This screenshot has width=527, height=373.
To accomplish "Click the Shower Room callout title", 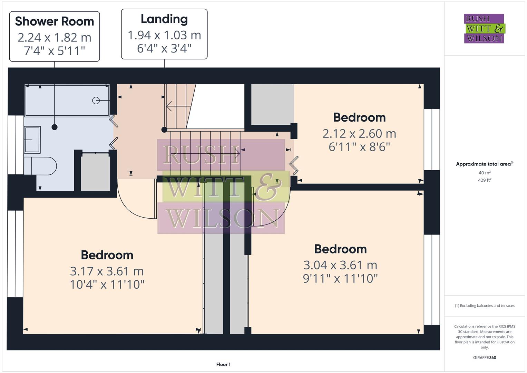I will tap(55, 21).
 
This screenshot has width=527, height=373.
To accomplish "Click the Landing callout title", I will tap(164, 19).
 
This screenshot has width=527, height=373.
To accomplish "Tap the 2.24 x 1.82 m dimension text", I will tap(55, 37).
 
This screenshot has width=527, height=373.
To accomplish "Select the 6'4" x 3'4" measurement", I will tap(164, 48).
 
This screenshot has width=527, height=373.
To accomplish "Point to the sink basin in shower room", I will tap(32, 140).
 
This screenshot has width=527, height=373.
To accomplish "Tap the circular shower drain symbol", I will tap(96, 100).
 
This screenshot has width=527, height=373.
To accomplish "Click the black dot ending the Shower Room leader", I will tap(55, 127).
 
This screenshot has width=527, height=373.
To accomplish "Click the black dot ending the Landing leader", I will tap(164, 130).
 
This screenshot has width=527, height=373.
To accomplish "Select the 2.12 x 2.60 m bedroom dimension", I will tap(359, 133).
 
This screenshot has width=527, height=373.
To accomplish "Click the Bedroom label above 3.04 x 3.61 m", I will tap(340, 249).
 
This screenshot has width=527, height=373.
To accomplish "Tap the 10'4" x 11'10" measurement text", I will tap(107, 285).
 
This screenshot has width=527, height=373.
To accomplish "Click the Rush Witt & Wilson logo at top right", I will tap(484, 29).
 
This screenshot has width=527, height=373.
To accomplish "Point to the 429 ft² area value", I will tap(485, 180).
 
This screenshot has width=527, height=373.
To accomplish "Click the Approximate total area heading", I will tap(484, 164).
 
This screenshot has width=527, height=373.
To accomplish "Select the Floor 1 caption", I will tap(223, 364).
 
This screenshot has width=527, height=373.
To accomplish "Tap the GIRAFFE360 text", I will tap(485, 357).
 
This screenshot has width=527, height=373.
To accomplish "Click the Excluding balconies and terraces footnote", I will tap(485, 306).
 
